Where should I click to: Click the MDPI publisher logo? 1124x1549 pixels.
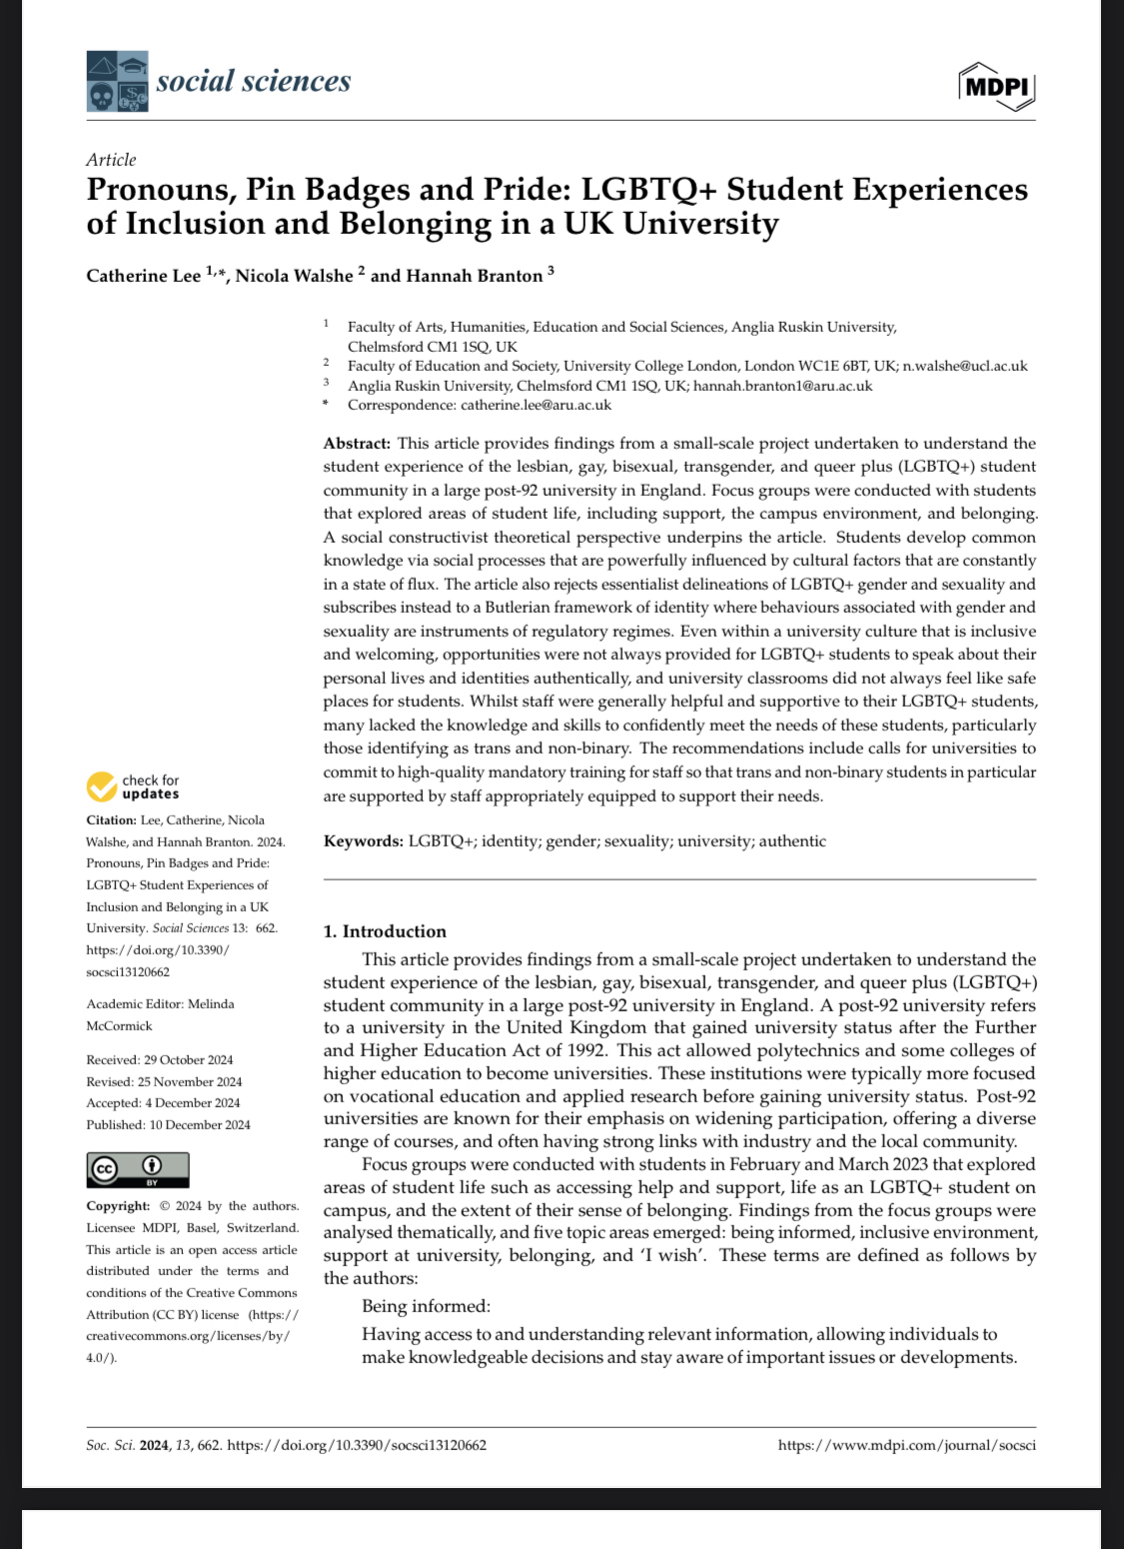[x=997, y=87]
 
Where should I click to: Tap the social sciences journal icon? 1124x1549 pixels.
[x=117, y=81]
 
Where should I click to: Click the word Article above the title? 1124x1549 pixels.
[x=111, y=160]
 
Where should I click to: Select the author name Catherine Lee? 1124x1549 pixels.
[x=144, y=276]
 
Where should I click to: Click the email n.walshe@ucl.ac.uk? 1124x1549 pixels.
[x=965, y=366]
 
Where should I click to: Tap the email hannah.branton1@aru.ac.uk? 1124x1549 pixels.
[x=782, y=386]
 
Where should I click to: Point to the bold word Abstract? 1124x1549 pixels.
[x=357, y=444]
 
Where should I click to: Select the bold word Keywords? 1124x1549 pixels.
[x=364, y=841]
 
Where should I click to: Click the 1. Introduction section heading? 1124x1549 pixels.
[x=385, y=931]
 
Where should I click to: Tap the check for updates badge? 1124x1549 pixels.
[x=133, y=787]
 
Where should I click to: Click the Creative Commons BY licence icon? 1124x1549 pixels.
[x=138, y=1169]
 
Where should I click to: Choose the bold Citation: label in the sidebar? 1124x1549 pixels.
[x=111, y=820]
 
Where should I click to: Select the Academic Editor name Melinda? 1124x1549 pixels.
[x=211, y=1004]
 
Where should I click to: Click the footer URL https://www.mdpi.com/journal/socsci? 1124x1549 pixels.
[x=906, y=1445]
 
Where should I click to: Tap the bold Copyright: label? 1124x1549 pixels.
[x=118, y=1206]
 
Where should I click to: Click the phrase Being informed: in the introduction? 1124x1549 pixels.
[x=426, y=1306]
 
